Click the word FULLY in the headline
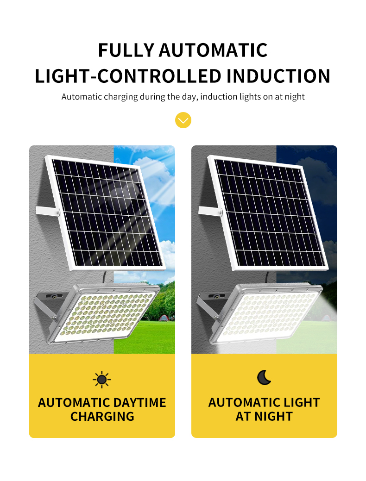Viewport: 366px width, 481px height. click(x=126, y=50)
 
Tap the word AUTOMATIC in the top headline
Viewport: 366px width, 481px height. click(x=213, y=50)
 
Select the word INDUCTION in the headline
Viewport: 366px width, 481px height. click(x=278, y=76)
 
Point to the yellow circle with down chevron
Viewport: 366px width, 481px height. click(x=183, y=120)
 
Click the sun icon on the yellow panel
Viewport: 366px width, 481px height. click(x=101, y=380)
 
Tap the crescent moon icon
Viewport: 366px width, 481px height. click(x=264, y=377)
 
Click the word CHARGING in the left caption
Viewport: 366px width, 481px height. click(x=102, y=417)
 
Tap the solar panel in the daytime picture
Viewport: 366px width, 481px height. click(x=105, y=213)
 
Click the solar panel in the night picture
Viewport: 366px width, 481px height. click(x=268, y=213)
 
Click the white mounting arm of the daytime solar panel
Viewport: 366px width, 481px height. click(x=48, y=211)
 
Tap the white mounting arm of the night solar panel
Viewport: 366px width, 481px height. click(x=210, y=211)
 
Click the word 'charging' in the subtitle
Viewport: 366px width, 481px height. click(x=121, y=97)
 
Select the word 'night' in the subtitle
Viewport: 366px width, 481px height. click(x=295, y=97)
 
